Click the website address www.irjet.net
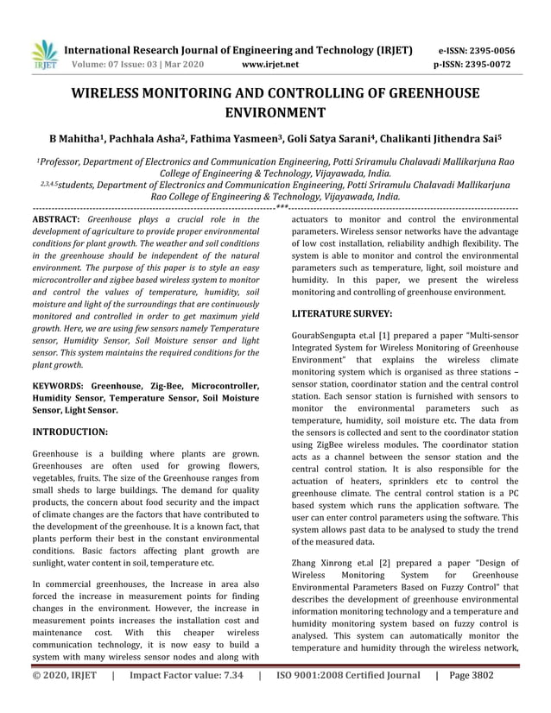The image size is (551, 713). click(x=270, y=65)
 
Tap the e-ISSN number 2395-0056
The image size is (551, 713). click(x=502, y=50)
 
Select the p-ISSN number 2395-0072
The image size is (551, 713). click(x=502, y=65)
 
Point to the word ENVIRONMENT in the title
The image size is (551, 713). click(x=275, y=113)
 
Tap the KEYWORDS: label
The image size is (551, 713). click(x=59, y=385)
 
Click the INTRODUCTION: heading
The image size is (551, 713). click(x=70, y=430)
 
